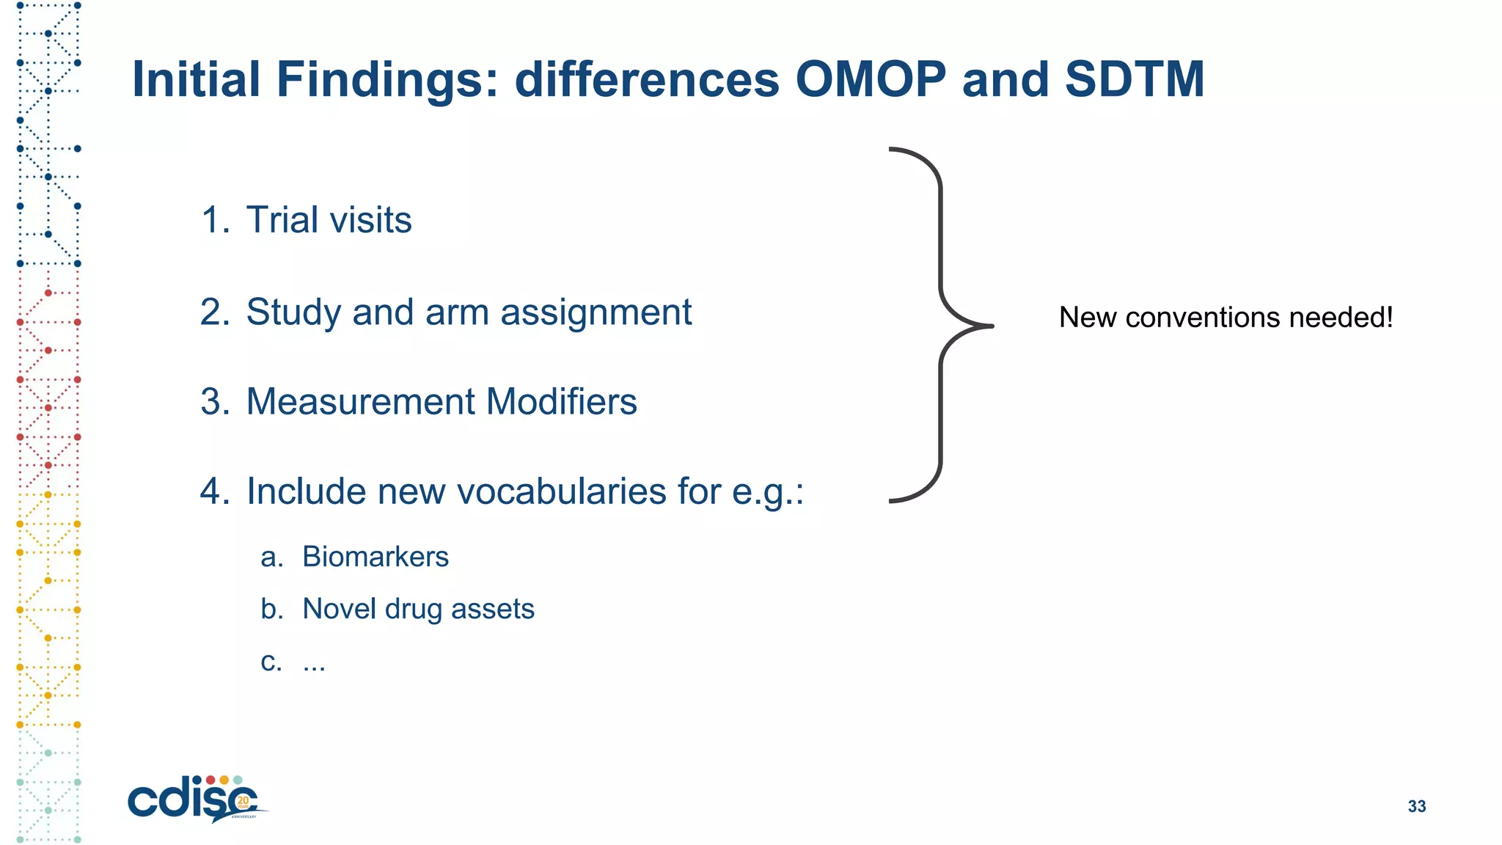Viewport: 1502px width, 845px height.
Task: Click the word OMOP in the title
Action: [x=871, y=79]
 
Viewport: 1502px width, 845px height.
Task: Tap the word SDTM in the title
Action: [x=1134, y=79]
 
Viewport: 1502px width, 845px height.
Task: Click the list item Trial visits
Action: [x=329, y=220]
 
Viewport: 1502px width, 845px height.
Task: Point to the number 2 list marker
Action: [x=214, y=312]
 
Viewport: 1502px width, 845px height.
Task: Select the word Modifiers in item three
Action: [x=561, y=402]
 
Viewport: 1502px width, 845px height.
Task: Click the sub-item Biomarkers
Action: [x=375, y=557]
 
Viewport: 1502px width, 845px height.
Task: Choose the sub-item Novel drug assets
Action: [x=418, y=609]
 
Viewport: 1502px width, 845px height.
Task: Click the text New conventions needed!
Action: [x=1226, y=318]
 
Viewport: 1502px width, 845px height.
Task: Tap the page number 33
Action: [x=1416, y=806]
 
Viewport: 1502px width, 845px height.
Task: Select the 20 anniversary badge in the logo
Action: [x=243, y=801]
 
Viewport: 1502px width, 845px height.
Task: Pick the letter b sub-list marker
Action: [x=271, y=609]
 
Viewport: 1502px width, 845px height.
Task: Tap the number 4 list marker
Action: [x=214, y=491]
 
